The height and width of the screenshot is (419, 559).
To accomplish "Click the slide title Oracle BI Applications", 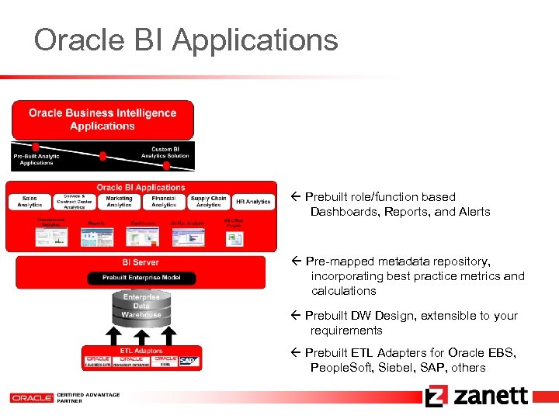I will pos(186,40).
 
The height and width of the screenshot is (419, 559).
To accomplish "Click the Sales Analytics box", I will pos(30,202).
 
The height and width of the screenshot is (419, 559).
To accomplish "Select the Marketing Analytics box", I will pos(119,202).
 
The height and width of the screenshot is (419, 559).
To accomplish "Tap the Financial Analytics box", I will pos(164,202).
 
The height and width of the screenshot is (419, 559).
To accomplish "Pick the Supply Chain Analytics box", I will pos(208,202).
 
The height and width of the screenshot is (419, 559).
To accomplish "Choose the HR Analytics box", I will pos(253,202).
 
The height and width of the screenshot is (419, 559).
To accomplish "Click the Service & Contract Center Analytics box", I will pos(75,202).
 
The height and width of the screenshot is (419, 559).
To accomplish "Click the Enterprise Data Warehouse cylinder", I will pos(141,306).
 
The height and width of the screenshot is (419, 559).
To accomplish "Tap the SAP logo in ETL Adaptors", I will pos(189,361).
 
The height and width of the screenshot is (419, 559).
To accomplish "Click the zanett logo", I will pos(477,396).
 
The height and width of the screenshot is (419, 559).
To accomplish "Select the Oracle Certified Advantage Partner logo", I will pos(65,397).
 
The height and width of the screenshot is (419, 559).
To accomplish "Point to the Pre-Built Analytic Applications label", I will pos(36,159).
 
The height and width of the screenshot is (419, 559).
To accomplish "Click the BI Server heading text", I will pos(141,263).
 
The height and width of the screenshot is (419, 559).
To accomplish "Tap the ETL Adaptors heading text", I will pos(141,351).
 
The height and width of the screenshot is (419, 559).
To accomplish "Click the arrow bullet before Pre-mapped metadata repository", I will pos(296,261).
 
